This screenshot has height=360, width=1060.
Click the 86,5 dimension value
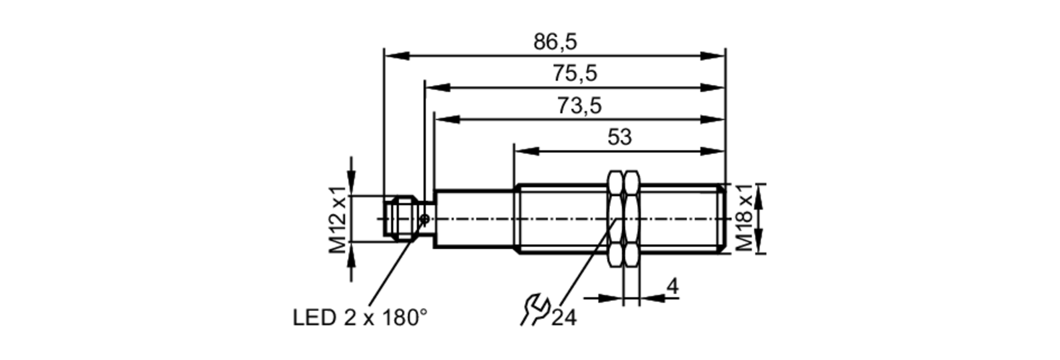tap(555, 42)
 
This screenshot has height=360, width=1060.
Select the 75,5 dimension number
tap(575, 73)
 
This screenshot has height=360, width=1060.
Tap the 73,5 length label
tap(579, 106)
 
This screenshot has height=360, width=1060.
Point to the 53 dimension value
tap(620, 137)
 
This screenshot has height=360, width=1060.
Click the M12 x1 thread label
tap(338, 219)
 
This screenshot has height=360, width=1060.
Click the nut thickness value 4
tap(672, 287)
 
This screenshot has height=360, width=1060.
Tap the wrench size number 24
tap(563, 318)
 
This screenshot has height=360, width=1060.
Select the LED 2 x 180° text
tap(360, 318)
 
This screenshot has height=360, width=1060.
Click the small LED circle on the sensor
tap(424, 218)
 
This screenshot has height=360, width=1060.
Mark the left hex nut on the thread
tap(615, 218)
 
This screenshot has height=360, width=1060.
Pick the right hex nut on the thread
tap(632, 218)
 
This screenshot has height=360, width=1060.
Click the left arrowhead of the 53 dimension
tap(526, 151)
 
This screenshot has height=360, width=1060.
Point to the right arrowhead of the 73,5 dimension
tap(712, 119)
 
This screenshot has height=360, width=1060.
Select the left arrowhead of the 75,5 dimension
tap(437, 87)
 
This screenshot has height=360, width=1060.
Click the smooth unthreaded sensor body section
tap(475, 218)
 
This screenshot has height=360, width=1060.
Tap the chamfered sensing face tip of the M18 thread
tap(722, 218)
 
